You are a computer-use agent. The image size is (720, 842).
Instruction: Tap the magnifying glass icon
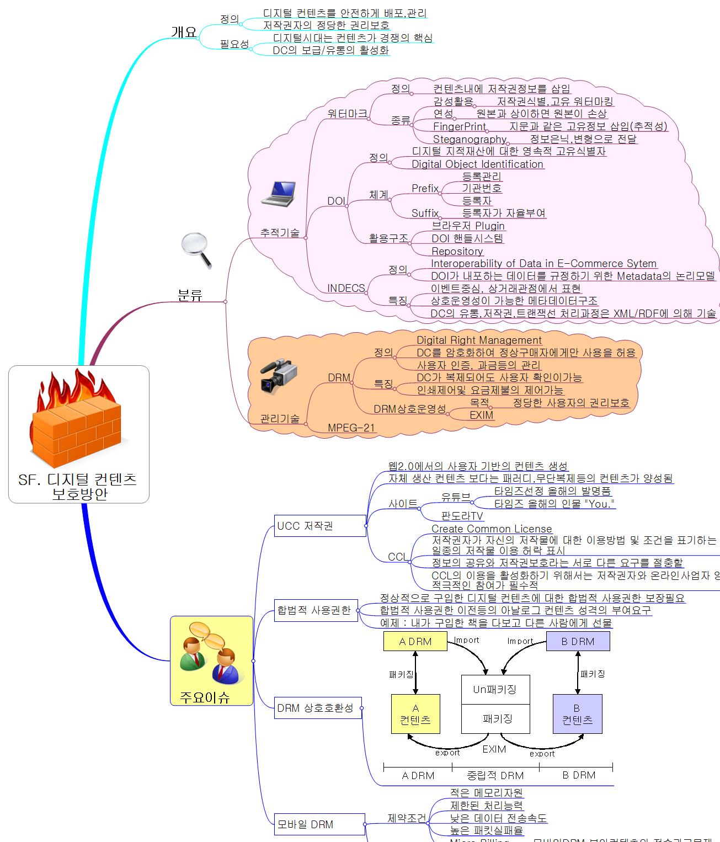click(196, 251)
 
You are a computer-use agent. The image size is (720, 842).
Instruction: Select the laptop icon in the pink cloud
click(278, 194)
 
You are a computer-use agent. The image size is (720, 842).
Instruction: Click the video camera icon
click(279, 376)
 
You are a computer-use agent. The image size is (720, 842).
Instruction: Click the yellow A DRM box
click(415, 641)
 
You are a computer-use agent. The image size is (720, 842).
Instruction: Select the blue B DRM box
click(578, 641)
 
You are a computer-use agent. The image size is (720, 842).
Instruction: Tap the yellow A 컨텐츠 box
click(415, 714)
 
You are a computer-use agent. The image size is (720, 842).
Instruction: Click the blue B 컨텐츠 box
click(577, 714)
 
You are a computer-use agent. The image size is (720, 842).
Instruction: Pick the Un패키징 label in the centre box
click(495, 689)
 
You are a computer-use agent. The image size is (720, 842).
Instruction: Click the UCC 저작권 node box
click(320, 526)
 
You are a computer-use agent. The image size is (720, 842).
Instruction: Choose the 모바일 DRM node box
click(319, 824)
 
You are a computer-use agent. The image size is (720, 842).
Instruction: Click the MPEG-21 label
click(351, 427)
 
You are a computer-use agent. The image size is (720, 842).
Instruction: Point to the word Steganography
click(470, 139)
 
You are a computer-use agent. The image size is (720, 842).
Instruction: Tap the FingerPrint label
click(460, 126)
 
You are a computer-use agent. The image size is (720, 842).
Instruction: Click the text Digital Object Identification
click(477, 164)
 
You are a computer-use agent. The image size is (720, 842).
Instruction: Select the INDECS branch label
click(346, 288)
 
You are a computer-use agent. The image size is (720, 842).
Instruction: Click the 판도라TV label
click(462, 516)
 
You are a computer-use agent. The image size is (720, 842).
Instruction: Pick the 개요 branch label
click(184, 32)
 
